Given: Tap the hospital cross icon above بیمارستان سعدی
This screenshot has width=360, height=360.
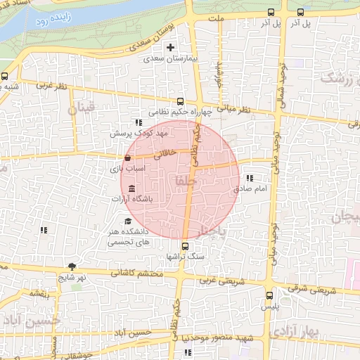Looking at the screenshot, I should click(x=170, y=47).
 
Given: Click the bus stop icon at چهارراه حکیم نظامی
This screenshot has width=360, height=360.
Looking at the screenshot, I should click(x=181, y=101).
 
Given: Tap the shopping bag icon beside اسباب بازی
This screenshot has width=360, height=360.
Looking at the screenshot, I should click(x=127, y=157).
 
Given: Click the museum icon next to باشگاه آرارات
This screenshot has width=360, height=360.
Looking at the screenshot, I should click(x=132, y=187).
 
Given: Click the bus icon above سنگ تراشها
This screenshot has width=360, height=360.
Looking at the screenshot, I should click(x=185, y=246).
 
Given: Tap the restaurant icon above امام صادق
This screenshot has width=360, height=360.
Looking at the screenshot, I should click(x=250, y=179).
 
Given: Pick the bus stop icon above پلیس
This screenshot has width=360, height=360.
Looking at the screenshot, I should click(x=270, y=295).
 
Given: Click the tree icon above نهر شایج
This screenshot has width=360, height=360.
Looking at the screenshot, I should click(x=72, y=266).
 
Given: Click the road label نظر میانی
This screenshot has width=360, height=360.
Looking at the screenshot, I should click(x=234, y=110).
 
